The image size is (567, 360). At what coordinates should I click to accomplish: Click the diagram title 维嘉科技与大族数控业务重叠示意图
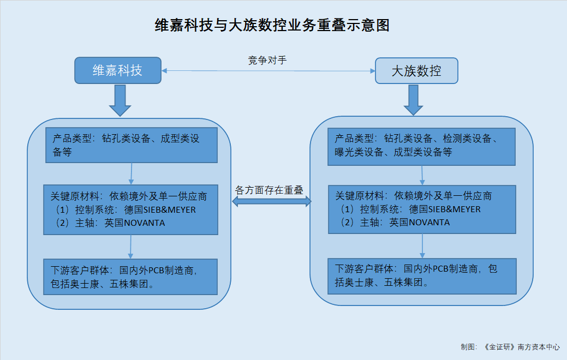pyautogui.click(x=272, y=25)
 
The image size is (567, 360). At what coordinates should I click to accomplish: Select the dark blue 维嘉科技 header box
pyautogui.click(x=118, y=70)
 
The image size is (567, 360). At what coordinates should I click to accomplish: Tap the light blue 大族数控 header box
pyautogui.click(x=416, y=71)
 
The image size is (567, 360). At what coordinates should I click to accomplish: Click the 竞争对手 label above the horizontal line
pyautogui.click(x=267, y=60)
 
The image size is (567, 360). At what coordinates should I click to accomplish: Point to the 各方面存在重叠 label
pyautogui.click(x=269, y=190)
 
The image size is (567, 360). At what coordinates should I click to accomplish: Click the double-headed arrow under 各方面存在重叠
pyautogui.click(x=272, y=201)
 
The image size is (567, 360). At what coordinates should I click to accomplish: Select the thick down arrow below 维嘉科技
pyautogui.click(x=120, y=100)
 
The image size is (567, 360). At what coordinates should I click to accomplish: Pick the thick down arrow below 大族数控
pyautogui.click(x=413, y=100)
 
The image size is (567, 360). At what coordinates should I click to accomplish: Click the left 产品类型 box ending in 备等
pyautogui.click(x=132, y=145)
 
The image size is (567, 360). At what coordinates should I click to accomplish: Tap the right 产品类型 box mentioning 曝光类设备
pyautogui.click(x=422, y=147)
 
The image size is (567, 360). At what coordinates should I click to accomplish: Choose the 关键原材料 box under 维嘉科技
pyautogui.click(x=130, y=210)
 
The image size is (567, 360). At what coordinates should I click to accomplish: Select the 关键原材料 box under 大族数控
pyautogui.click(x=422, y=209)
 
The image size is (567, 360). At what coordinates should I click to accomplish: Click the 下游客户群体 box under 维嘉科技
pyautogui.click(x=130, y=277)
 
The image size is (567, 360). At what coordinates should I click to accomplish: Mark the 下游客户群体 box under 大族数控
pyautogui.click(x=422, y=276)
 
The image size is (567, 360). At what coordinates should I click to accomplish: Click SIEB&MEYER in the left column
pyautogui.click(x=170, y=210)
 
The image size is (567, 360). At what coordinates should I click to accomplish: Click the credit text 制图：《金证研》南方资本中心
pyautogui.click(x=510, y=347)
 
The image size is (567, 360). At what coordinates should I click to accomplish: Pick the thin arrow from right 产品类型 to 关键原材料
pyautogui.click(x=422, y=176)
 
